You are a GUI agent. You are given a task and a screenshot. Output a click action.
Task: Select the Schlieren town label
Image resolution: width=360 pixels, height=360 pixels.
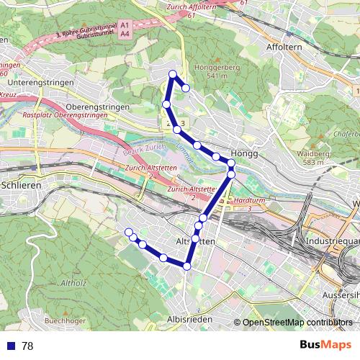coord(19,185)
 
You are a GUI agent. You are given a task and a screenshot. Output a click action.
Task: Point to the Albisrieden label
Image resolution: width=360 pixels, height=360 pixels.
coord(187,318)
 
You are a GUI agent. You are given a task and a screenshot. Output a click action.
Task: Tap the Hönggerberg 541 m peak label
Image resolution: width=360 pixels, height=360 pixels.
coord(212,72)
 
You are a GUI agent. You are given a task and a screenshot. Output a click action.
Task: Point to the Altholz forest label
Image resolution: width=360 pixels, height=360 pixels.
coord(74,282)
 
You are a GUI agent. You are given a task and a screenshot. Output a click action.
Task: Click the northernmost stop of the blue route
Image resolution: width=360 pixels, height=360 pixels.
coord(173,74)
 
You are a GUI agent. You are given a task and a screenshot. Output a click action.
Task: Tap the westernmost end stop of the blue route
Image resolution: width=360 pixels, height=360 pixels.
coord(129,232)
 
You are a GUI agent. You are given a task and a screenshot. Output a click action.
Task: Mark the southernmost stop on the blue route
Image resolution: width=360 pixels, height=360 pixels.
coord(187,266)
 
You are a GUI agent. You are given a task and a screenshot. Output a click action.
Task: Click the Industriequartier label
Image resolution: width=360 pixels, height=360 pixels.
coord(333,240)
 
